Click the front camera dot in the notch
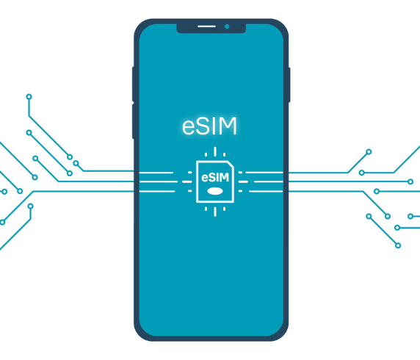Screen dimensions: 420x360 point(227,26)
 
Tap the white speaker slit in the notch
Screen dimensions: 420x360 point(206,26)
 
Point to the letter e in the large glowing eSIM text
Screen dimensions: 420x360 point(189,128)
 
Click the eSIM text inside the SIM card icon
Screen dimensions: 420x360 point(215,178)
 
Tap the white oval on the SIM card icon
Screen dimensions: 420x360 point(215,191)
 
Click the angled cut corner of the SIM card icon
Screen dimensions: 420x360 point(231,165)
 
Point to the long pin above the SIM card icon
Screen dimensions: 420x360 point(215,151)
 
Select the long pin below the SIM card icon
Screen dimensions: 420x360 point(215,212)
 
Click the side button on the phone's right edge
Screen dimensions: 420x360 point(289,84)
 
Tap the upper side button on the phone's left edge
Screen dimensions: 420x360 point(133,84)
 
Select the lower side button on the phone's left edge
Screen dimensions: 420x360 point(133,121)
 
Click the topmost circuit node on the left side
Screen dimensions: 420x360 point(29,97)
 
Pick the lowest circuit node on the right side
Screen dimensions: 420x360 point(398,245)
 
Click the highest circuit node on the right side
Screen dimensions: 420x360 point(369,152)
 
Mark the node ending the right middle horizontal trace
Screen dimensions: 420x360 point(410,181)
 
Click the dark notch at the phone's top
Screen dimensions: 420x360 point(211,28)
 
